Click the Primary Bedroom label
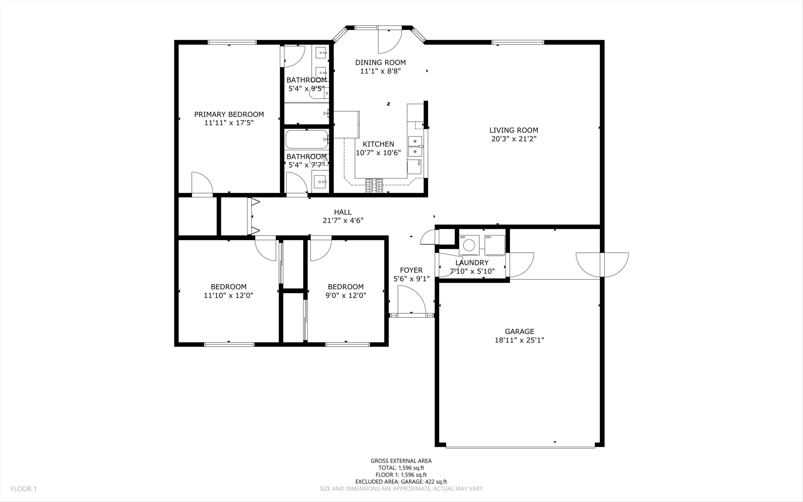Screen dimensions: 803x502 click(229, 114)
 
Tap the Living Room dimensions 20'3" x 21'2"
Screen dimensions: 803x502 click(514, 139)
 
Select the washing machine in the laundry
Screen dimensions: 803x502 click(469, 245)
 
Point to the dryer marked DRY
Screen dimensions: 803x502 click(495, 245)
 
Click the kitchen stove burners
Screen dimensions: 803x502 click(374, 186)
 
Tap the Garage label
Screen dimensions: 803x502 click(520, 331)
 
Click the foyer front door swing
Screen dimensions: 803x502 click(412, 299)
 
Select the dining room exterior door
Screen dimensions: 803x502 click(390, 41)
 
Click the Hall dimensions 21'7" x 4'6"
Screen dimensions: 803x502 click(343, 220)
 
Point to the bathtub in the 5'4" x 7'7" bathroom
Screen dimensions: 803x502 click(307, 139)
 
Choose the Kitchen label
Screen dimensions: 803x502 click(378, 144)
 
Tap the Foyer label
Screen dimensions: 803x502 click(411, 270)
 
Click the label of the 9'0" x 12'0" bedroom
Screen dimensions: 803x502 click(346, 287)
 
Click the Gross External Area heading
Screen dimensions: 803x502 click(401, 460)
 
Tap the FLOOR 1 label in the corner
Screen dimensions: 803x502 click(24, 489)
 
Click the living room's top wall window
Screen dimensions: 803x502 click(518, 42)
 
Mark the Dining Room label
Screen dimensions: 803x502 click(380, 62)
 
